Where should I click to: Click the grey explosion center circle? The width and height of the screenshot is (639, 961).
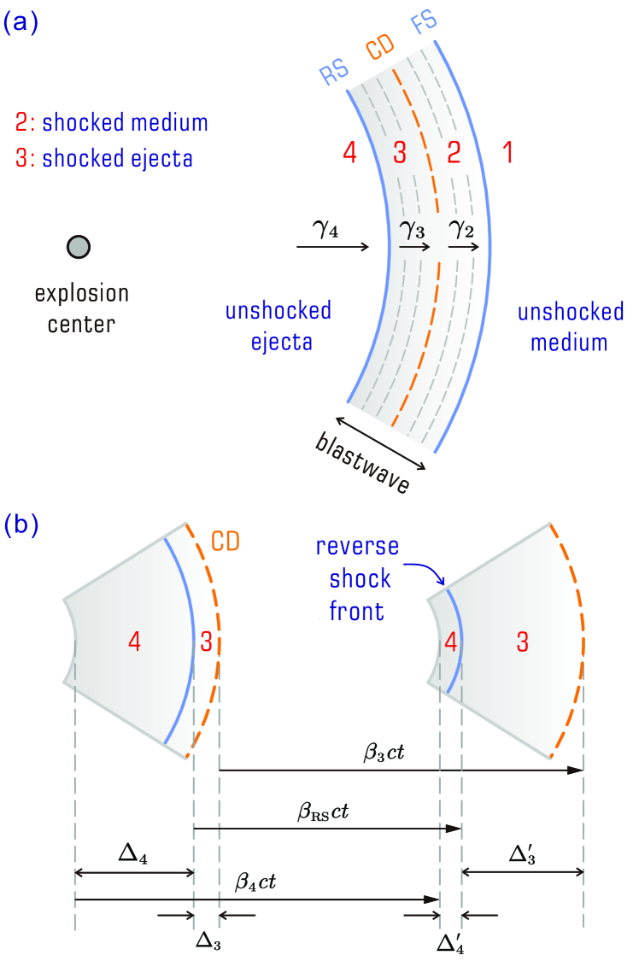coord(79,248)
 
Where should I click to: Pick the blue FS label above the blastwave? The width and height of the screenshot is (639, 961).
coord(427,25)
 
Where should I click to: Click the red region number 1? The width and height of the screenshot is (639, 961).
coord(507,154)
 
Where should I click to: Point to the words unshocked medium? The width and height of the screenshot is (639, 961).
coord(570,327)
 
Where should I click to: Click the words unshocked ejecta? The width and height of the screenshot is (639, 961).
coord(278,327)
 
